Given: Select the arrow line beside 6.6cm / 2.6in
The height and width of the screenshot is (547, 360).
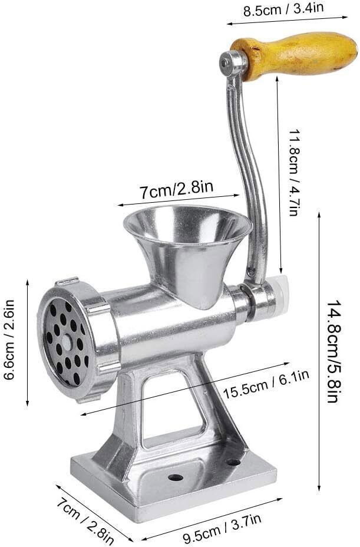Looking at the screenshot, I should tap(27, 342).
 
